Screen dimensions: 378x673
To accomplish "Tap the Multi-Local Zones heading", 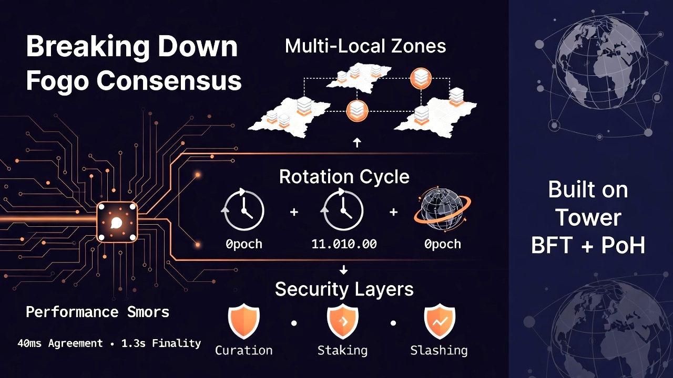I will coord(365,46).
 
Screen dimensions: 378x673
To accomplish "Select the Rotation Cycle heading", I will coord(344,176).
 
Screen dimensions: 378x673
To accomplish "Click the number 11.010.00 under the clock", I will coord(344,244).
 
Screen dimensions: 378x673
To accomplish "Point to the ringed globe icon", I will coord(442,211).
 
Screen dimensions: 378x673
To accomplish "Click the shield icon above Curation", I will coord(243,322).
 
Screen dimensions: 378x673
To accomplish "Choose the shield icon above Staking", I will coord(342,322).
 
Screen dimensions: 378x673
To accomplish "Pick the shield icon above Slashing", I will coord(439,322).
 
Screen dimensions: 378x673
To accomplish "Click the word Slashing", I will coord(439,350).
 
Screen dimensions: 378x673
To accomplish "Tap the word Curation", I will coord(244,350).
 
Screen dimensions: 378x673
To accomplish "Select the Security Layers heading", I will coord(344,289).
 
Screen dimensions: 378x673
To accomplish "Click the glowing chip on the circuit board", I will coord(117,223).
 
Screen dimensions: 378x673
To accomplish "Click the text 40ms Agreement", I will coord(60,343).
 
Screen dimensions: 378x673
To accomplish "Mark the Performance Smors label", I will coord(98,312).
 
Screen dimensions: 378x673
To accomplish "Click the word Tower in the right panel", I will coord(588,217).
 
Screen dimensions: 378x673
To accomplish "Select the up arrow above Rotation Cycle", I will coord(357,142).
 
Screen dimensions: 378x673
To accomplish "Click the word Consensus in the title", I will coord(169,81).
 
